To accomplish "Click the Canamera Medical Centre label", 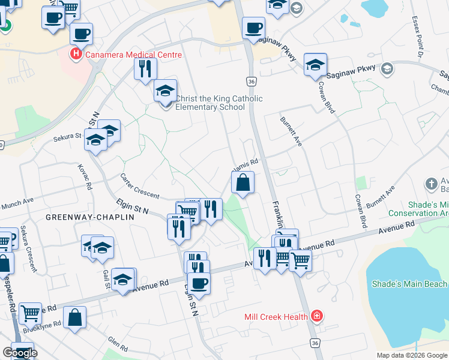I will [x=133, y=55].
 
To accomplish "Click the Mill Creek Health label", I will [x=276, y=316].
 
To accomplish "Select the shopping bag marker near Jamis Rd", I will [x=243, y=183].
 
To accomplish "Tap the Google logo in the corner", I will [x=20, y=353].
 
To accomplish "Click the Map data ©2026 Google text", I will [x=412, y=355].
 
